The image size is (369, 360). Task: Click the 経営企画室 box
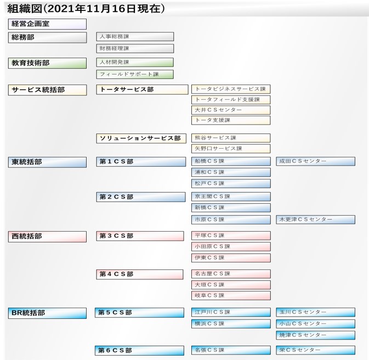[x=47, y=24]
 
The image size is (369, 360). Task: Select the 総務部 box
[x=47, y=37]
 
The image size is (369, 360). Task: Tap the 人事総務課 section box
[x=135, y=37]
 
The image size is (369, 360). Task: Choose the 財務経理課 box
[x=135, y=48]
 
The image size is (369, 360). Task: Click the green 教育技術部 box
[x=47, y=63]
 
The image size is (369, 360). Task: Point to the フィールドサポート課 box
[x=135, y=74]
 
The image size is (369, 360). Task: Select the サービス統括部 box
[x=47, y=90]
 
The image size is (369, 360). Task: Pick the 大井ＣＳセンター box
[x=231, y=110]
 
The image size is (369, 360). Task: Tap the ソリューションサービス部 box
[x=141, y=138]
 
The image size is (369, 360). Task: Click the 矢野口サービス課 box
[x=231, y=149]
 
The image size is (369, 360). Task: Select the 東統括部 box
[x=47, y=162]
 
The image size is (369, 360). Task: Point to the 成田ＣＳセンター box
[x=316, y=161]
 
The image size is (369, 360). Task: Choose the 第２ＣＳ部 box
[x=141, y=197]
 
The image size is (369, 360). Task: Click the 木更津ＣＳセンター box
[x=316, y=220]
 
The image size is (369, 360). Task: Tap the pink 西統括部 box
[x=47, y=237]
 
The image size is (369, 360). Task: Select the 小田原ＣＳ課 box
[x=231, y=246]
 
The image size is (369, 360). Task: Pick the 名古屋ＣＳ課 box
[x=231, y=274]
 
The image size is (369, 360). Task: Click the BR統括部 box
[x=47, y=313]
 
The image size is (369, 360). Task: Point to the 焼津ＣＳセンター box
[x=316, y=335]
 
